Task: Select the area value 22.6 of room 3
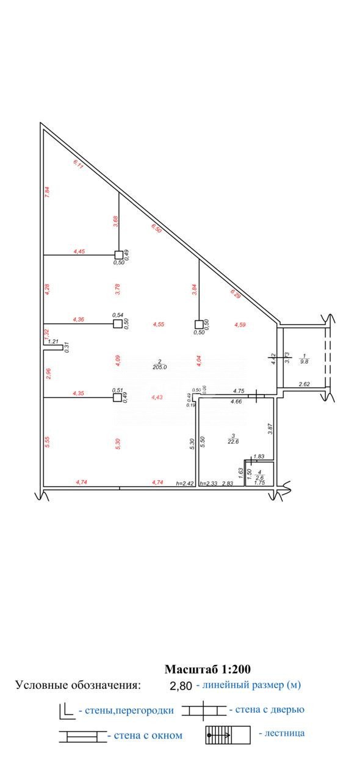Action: tap(233, 441)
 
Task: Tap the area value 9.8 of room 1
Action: tap(303, 360)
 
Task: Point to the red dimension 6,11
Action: tap(78, 163)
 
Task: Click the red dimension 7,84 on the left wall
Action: tap(48, 191)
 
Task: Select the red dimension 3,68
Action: tap(115, 222)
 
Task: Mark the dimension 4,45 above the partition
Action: tap(79, 251)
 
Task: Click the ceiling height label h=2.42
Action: tap(185, 483)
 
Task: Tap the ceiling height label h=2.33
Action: tap(209, 483)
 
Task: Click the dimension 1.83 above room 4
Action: tap(259, 456)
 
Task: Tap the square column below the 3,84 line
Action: tap(198, 324)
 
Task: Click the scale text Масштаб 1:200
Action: tap(207, 669)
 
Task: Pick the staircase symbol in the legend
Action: tap(228, 735)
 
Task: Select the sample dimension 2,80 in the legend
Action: tap(181, 686)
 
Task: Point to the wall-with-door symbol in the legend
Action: tap(203, 710)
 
